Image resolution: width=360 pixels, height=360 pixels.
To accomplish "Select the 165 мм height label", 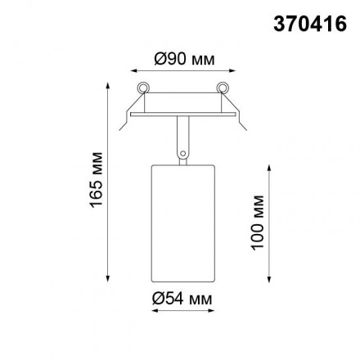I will point(96,179).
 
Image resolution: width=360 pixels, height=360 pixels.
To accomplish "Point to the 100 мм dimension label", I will point(259,222).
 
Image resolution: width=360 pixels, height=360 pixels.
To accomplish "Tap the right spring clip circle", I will point(222,88).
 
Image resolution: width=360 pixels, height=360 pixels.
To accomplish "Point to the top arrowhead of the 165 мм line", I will point(109,83).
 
